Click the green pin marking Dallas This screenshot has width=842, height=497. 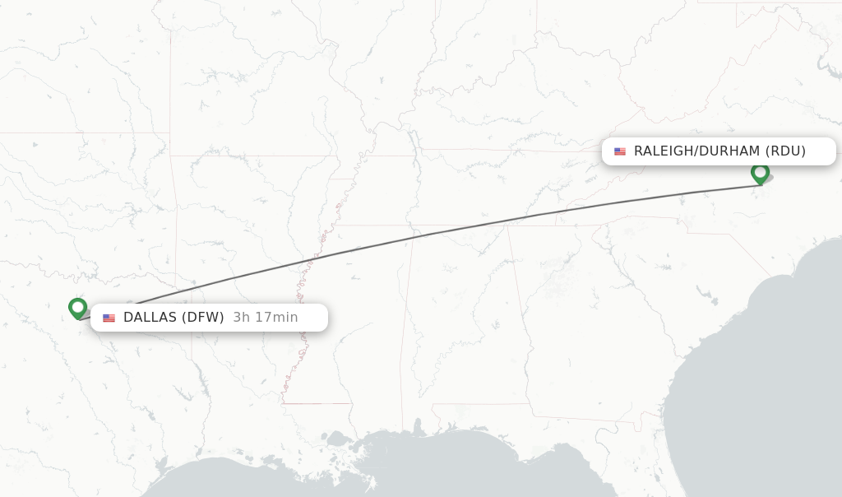pos(78,308)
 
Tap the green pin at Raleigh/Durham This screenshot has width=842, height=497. pos(760,173)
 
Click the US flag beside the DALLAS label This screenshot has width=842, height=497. pos(109,318)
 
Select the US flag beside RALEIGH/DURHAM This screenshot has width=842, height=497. pos(619,151)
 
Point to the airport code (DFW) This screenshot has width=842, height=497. pos(202,318)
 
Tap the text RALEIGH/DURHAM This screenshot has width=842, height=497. pos(697,151)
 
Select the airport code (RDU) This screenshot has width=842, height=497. pos(785,151)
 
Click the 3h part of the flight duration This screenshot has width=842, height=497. pos(242,318)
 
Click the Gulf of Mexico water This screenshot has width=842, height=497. pos(493,469)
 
